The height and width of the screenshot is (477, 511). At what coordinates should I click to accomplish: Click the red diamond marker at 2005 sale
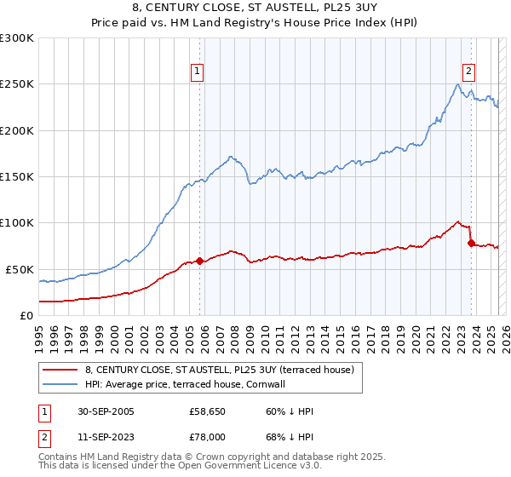(200, 261)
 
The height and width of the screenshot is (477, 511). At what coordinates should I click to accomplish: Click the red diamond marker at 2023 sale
(471, 243)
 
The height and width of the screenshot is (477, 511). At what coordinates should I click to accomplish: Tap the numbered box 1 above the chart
(197, 72)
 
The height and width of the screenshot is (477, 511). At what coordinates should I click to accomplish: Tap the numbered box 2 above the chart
(468, 72)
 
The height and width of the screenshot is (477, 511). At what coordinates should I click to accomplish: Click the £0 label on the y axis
(26, 315)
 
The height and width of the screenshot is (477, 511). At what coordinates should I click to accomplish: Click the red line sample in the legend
(60, 370)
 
